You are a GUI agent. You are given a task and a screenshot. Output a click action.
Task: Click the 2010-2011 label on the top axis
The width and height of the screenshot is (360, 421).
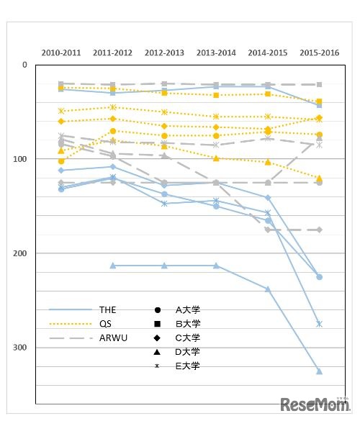point(61,53)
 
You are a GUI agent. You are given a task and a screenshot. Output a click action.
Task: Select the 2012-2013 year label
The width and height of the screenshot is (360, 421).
point(164,53)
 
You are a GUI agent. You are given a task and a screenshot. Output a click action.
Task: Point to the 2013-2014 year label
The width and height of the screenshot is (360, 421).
point(216,53)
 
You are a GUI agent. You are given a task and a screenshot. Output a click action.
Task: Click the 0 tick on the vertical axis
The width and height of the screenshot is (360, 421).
point(24,65)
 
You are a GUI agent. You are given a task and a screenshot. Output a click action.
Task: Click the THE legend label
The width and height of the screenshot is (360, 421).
point(107,309)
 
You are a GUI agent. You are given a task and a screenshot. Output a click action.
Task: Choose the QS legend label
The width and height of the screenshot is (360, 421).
point(104,323)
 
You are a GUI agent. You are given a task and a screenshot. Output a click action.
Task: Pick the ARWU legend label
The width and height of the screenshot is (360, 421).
point(111,338)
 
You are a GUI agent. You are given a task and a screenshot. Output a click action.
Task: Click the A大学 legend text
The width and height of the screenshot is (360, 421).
point(188,309)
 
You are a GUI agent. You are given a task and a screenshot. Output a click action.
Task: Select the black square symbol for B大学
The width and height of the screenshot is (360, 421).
point(158,324)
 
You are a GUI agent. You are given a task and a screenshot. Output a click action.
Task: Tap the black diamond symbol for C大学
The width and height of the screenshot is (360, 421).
point(158,338)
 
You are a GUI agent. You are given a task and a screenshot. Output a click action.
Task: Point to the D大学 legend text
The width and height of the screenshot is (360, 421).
point(188,351)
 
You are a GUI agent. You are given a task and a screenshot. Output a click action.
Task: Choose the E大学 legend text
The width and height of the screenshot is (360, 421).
point(188,366)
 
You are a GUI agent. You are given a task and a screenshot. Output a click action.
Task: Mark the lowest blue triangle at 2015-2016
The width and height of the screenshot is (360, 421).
point(319,371)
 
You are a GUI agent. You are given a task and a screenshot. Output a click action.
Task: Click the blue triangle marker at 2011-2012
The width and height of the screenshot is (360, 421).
point(112,266)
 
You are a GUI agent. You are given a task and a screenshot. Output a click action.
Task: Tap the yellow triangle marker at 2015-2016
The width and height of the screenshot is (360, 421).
point(319,178)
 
